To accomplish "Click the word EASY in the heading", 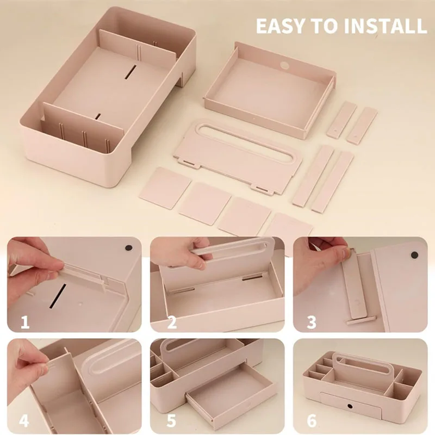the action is [282, 26].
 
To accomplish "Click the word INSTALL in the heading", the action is [386, 26].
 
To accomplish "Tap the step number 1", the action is [25, 322].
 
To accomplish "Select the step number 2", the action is [172, 322].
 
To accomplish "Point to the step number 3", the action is [312, 322].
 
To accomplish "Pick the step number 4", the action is [24, 420].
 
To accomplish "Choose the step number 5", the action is [171, 420].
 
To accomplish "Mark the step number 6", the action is [312, 420].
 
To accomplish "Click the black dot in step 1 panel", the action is [128, 248].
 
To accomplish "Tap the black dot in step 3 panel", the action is [414, 254].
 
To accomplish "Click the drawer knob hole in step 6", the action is [350, 406].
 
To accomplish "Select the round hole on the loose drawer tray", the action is [284, 66].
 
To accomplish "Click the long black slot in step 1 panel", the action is [58, 296].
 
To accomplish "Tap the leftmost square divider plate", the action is [165, 188].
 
